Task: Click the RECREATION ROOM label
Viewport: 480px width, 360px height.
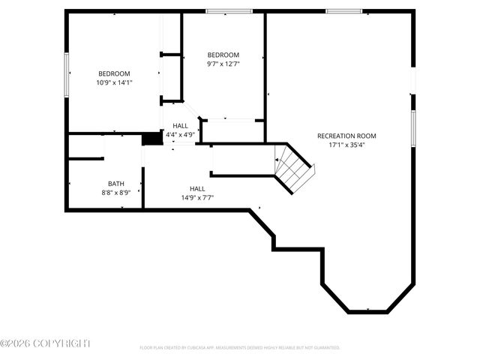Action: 346,136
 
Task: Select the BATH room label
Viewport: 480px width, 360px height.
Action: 116,183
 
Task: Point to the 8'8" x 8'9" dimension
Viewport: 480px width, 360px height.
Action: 116,192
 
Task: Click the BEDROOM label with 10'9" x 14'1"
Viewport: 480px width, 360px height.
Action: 114,73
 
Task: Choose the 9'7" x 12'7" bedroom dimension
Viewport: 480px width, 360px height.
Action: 223,64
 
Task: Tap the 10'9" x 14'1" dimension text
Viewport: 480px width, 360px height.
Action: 114,82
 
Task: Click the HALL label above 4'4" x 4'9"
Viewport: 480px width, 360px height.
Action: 181,126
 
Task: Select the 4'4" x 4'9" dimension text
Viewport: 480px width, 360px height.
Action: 181,135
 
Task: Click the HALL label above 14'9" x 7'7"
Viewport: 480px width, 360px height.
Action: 197,189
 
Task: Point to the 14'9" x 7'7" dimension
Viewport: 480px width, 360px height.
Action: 197,198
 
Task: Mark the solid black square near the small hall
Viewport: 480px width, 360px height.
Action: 152,139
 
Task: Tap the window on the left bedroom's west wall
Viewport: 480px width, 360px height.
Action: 66,73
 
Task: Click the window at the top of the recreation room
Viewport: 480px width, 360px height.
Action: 343,11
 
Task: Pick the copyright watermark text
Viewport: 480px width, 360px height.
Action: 45,343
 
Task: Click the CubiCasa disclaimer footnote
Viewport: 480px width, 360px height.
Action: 240,348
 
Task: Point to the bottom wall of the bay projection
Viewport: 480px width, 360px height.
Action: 367,311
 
